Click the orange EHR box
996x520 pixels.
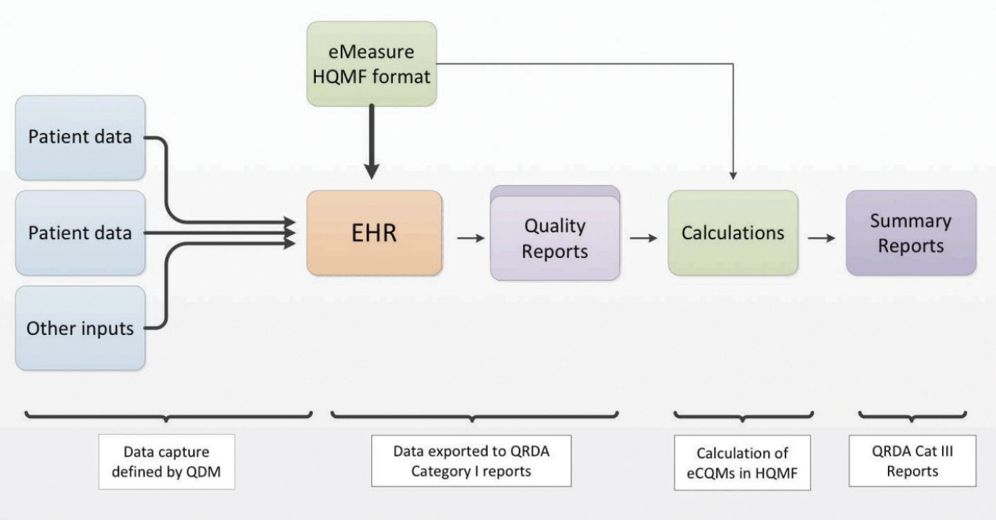375,233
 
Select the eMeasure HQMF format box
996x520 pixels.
371,63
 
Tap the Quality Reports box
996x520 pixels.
555,237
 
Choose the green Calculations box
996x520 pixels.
733,233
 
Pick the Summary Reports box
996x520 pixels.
910,233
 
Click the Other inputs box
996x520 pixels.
80,328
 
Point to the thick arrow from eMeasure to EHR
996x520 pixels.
372,145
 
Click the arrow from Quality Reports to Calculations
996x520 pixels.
644,238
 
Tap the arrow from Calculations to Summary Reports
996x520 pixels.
822,238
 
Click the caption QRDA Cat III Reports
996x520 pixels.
912,462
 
